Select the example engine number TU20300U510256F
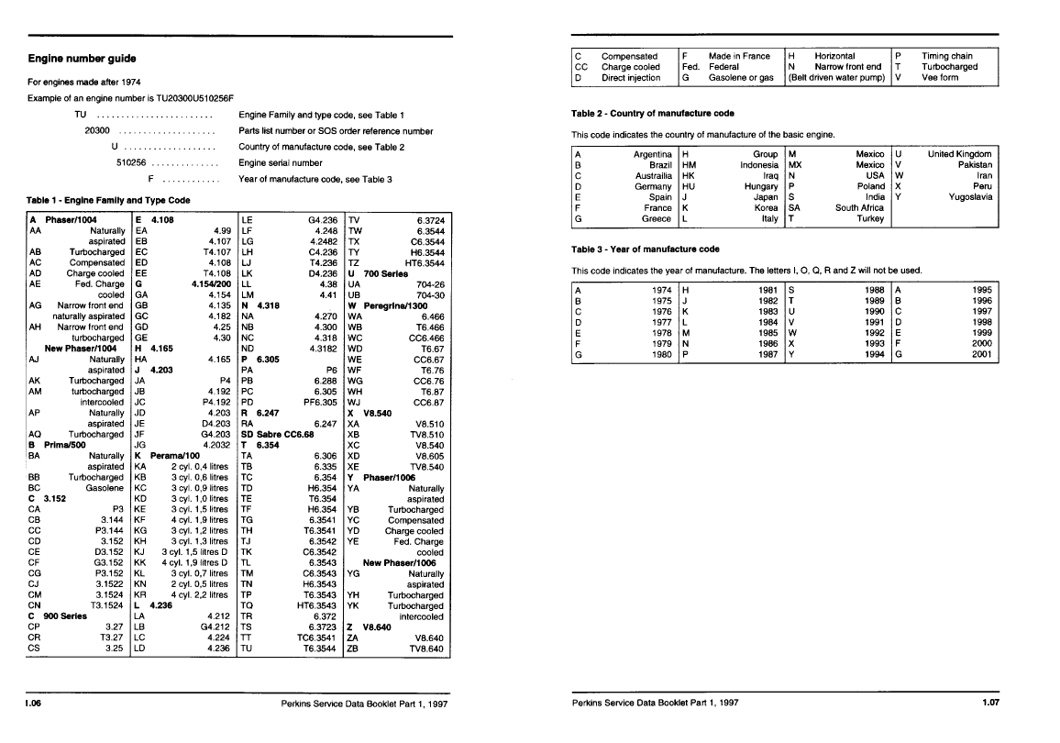(x=188, y=97)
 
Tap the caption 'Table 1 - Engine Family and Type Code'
(x=109, y=199)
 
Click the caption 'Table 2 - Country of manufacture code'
(x=652, y=114)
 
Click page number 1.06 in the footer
(x=36, y=704)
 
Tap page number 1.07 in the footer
(x=988, y=704)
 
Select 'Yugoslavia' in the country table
(x=970, y=197)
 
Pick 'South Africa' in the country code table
(x=859, y=208)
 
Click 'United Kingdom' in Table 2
(x=959, y=154)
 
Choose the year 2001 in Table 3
(x=981, y=355)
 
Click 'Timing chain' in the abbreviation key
(x=947, y=56)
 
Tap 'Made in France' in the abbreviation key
(x=739, y=56)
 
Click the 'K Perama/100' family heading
(x=167, y=456)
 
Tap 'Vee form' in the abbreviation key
(x=940, y=78)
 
